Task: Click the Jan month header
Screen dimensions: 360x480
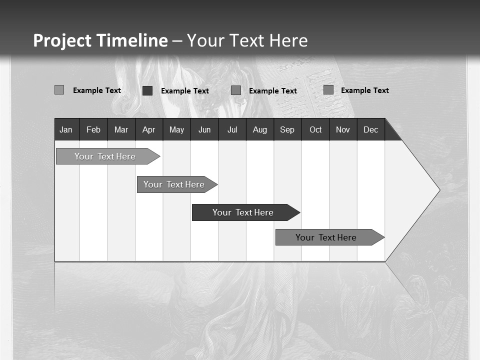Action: point(66,129)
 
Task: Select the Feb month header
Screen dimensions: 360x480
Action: point(93,129)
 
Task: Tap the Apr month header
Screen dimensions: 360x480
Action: point(148,129)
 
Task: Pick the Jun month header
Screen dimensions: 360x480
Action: point(204,129)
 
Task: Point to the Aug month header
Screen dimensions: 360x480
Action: point(259,129)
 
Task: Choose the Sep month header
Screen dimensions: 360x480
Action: point(287,129)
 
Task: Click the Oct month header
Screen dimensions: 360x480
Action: point(315,129)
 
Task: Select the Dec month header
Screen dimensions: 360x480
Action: point(370,129)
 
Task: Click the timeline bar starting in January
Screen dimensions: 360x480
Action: point(105,156)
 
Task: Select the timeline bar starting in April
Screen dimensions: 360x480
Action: point(174,184)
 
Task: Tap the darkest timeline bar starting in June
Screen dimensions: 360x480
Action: point(243,212)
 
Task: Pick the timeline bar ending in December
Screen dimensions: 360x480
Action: point(326,237)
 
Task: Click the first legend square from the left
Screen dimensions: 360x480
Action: point(59,90)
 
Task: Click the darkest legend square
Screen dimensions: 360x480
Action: point(147,90)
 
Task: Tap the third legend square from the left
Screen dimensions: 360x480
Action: point(236,90)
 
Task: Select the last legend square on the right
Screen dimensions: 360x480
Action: point(328,90)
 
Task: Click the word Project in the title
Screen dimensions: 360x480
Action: point(62,40)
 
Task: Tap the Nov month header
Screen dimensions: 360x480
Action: point(343,129)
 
